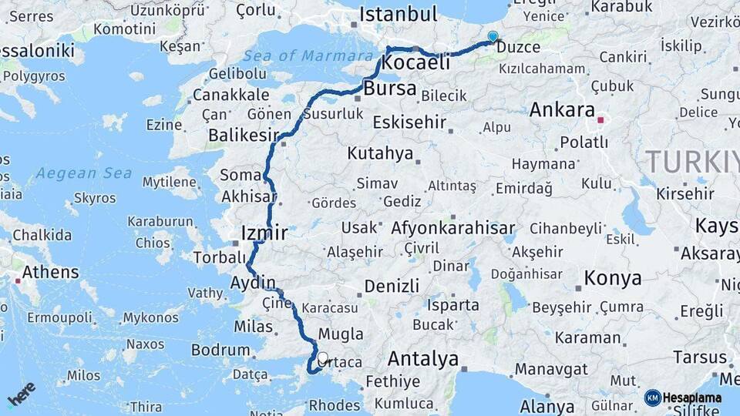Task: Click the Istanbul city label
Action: [398, 14]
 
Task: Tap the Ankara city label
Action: [562, 109]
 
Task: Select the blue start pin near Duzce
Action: [493, 36]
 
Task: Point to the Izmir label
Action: [264, 233]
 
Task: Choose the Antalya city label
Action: [422, 359]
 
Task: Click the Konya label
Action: [613, 278]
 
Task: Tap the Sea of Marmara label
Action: [308, 56]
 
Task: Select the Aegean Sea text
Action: [83, 173]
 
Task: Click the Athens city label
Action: [50, 272]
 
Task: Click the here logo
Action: [21, 394]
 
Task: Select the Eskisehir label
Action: [409, 122]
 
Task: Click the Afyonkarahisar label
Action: [453, 228]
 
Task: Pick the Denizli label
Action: [392, 286]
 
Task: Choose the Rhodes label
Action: [334, 404]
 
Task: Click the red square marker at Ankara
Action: [600, 120]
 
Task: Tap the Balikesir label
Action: [243, 136]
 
